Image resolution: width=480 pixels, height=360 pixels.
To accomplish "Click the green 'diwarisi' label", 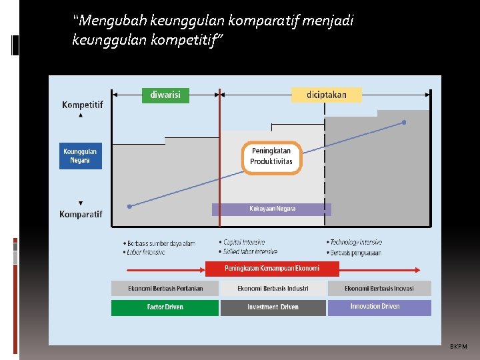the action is pyautogui.click(x=165, y=95).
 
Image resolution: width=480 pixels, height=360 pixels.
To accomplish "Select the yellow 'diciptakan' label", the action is pyautogui.click(x=327, y=95).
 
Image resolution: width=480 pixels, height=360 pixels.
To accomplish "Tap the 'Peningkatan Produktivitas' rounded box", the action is pyautogui.click(x=271, y=157).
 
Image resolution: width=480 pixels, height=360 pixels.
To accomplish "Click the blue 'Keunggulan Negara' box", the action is pyautogui.click(x=80, y=156).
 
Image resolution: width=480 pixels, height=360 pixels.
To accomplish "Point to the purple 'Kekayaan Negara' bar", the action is pyautogui.click(x=271, y=209).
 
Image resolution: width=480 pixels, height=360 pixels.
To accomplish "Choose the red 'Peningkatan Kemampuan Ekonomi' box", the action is pyautogui.click(x=272, y=268).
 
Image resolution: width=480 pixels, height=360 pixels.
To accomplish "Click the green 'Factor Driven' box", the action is pyautogui.click(x=165, y=307).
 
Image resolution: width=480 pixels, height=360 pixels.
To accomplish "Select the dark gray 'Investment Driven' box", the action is pyautogui.click(x=273, y=307).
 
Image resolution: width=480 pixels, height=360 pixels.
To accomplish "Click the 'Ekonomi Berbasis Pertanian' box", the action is pyautogui.click(x=165, y=288).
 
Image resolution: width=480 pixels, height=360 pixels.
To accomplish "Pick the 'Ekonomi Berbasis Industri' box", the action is pyautogui.click(x=273, y=288).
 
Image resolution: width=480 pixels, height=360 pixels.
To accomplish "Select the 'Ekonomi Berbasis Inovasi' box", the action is pyautogui.click(x=379, y=288).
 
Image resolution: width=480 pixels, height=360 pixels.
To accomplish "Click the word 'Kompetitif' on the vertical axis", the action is pyautogui.click(x=82, y=105).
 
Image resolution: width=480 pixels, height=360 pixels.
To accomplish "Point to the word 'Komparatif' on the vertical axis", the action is pyautogui.click(x=81, y=214).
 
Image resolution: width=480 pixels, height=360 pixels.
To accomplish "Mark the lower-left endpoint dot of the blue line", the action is pyautogui.click(x=129, y=207).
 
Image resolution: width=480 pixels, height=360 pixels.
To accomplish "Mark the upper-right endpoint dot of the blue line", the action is pyautogui.click(x=404, y=123).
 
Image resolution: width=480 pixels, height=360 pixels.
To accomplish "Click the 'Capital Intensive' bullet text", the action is pyautogui.click(x=244, y=242).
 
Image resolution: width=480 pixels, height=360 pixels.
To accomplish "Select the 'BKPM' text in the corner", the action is pyautogui.click(x=459, y=347).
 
